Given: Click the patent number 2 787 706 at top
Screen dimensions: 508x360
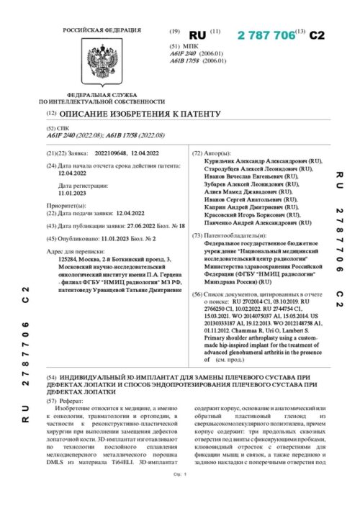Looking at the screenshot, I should [x=267, y=34].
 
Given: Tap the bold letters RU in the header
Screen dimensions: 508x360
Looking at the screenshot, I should [x=197, y=35].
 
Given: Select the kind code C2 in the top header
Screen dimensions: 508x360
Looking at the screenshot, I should [x=318, y=35].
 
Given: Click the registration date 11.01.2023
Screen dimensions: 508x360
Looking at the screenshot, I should [x=72, y=193].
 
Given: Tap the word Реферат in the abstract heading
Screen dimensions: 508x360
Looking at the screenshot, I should [x=73, y=396].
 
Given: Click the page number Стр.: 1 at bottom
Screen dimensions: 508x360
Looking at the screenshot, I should [x=179, y=495].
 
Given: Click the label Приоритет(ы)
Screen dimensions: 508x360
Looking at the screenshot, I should [x=66, y=205].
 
